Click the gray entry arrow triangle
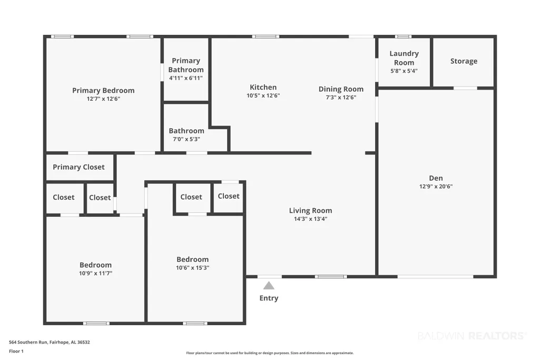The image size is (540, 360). pos(269,286)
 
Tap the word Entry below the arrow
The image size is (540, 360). pos(269,298)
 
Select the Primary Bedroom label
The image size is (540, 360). pos(103,91)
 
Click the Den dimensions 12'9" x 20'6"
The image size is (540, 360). pos(436,187)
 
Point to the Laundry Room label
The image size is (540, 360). pos(404,58)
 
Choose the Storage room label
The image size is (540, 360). pos(464,61)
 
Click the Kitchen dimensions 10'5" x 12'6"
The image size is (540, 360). pos(263,95)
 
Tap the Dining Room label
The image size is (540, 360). pos(341,89)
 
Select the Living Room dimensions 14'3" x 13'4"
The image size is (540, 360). pos(311,219)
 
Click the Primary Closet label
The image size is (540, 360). pos(78,167)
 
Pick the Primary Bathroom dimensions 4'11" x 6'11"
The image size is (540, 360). pos(186,78)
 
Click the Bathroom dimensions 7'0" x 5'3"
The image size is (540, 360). pos(186,139)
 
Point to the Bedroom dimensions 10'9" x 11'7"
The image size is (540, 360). pos(96,273)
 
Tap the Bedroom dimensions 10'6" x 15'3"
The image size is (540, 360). pos(192,268)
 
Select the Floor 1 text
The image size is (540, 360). pos(16,351)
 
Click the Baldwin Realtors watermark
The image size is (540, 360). pos(472,336)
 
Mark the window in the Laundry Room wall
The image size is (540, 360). pos(403,36)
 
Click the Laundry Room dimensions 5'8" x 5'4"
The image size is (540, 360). pos(404,71)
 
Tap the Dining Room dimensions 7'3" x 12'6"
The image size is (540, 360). pos(341,97)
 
